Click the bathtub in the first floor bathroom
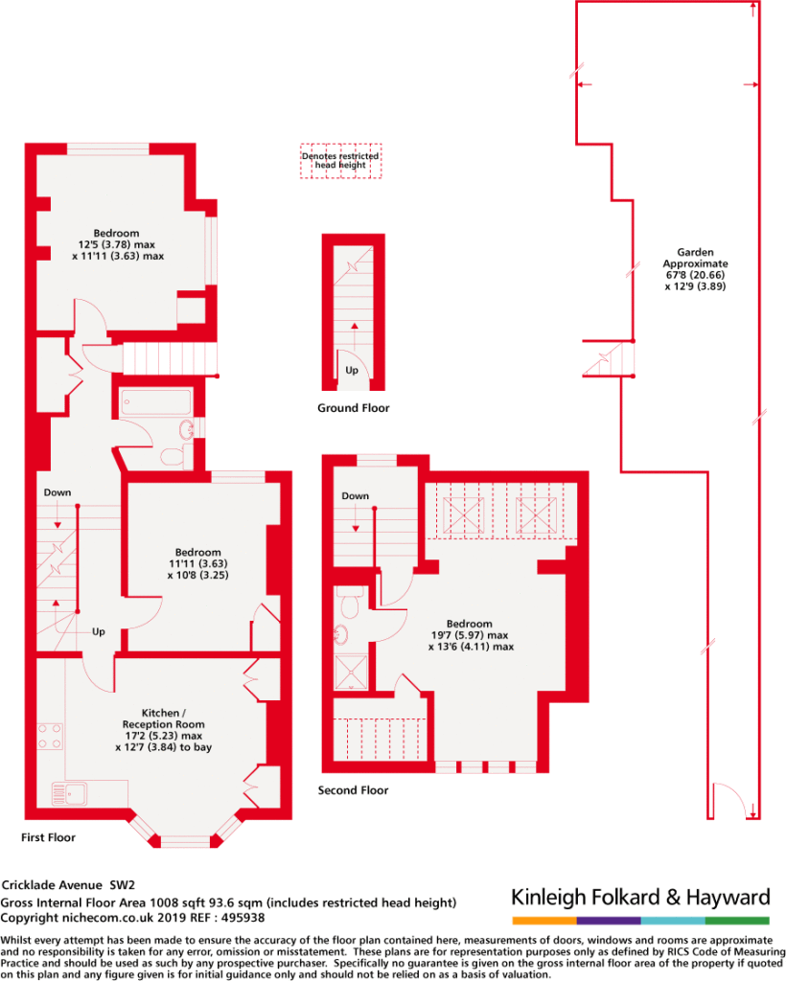coord(156,402)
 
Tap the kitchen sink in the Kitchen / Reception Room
coord(69,794)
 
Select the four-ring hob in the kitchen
coord(50,737)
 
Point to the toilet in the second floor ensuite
coord(349,602)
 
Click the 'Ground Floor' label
coord(353,408)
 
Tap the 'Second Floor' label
coord(353,790)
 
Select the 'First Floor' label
coord(48,837)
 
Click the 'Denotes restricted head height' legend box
coord(340,161)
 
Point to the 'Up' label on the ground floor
coord(352,370)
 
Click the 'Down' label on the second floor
coord(355,495)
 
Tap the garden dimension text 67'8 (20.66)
coord(695,275)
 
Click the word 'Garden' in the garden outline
coord(695,252)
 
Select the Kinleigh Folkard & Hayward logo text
coord(640,898)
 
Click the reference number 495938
coord(243,918)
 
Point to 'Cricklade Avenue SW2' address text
coord(68,884)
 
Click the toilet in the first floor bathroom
coord(175,455)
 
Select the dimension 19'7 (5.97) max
coord(470,635)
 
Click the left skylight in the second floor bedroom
coord(463,515)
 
